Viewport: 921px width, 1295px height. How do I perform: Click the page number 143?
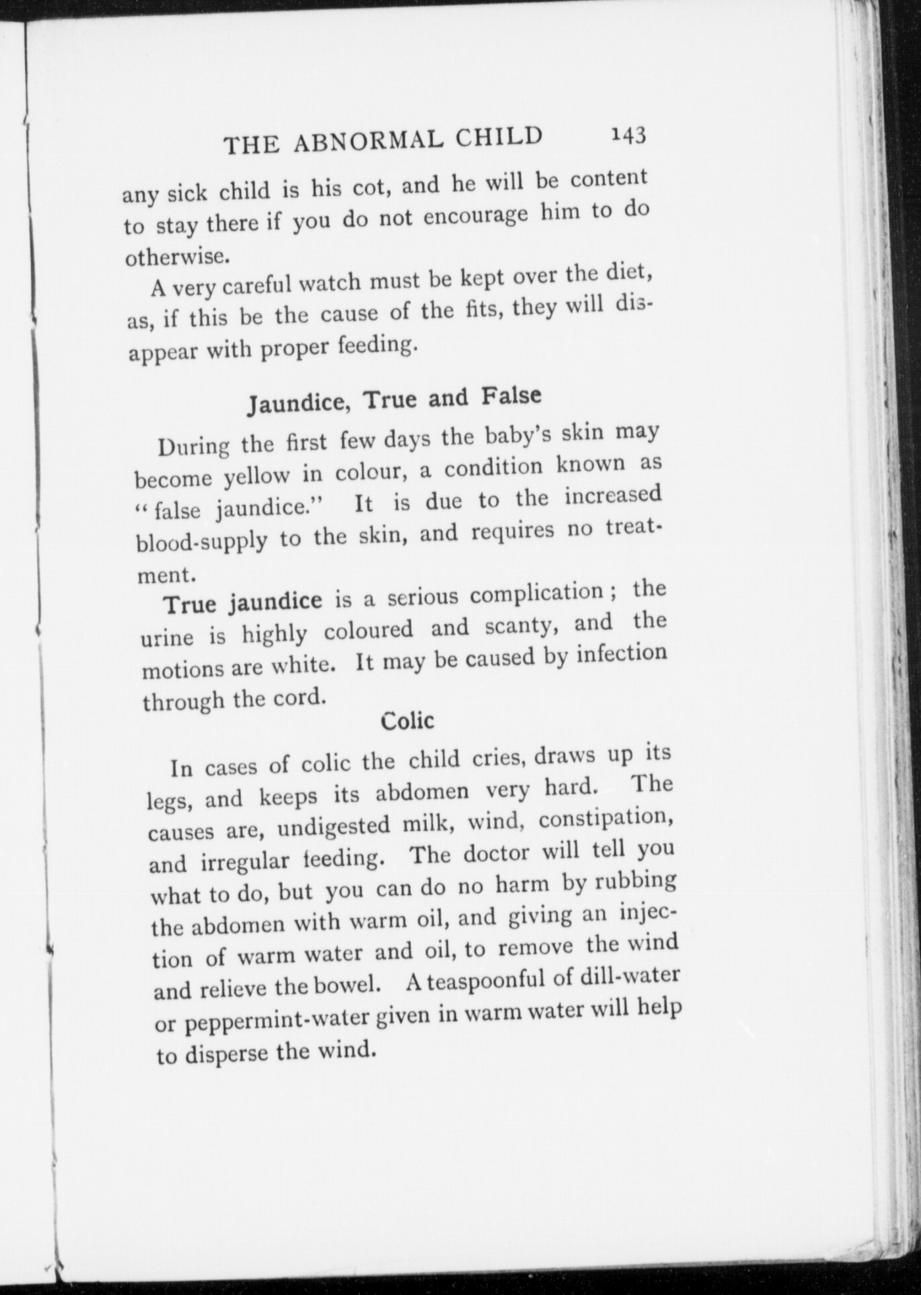(629, 135)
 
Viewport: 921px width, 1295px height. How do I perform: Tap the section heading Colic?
(407, 721)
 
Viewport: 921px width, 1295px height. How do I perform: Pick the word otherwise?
(177, 256)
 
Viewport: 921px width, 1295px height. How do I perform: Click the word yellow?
(256, 475)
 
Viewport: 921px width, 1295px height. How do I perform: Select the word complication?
(536, 593)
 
